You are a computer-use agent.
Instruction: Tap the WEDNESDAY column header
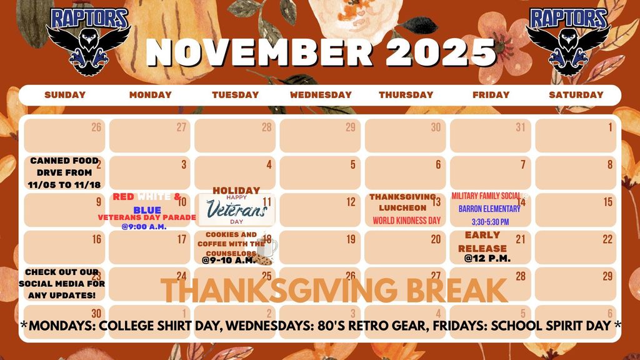pos(321,95)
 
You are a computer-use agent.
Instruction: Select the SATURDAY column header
pos(576,95)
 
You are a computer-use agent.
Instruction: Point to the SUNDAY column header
pos(65,95)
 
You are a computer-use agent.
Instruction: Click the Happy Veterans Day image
pos(236,209)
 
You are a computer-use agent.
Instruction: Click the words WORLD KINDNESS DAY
pos(406,221)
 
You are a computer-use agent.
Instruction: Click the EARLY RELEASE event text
pos(482,241)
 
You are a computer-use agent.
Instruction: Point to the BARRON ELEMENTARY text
pos(484,209)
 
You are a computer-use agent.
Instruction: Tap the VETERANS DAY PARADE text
pos(147,217)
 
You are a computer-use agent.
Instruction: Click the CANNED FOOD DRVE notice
pos(60,172)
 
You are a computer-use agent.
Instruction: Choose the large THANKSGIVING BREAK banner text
pos(334,290)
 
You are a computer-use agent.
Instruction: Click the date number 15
pos(607,202)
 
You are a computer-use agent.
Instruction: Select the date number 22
pos(607,239)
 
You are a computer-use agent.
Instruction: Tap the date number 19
pos(351,239)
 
